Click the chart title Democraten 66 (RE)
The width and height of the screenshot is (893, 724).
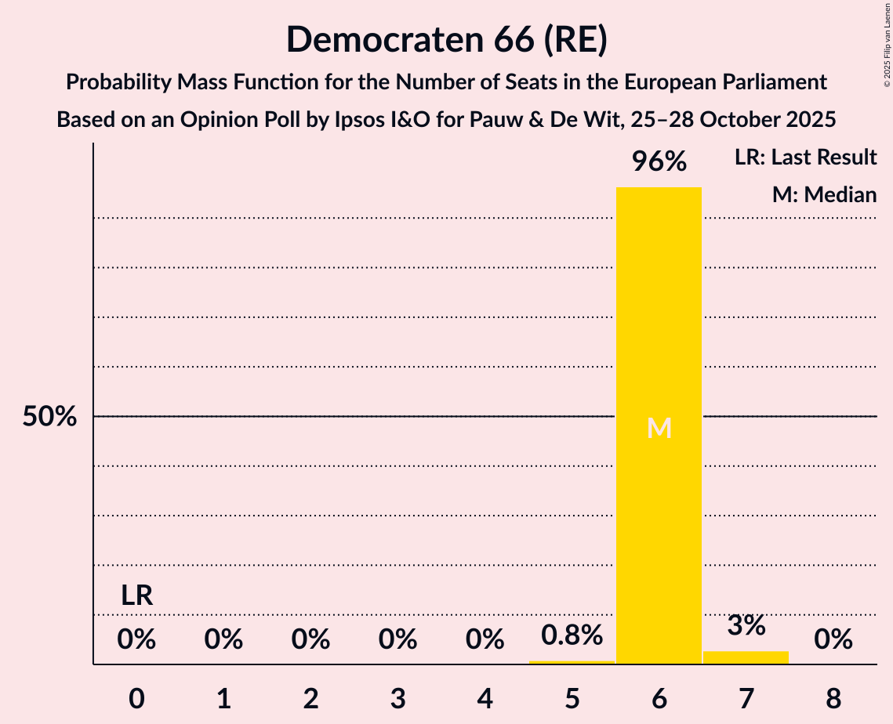click(446, 39)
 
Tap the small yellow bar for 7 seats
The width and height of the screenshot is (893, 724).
click(746, 657)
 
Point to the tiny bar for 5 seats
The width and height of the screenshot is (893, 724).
click(572, 662)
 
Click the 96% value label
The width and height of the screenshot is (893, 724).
click(659, 162)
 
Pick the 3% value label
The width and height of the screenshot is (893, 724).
click(746, 625)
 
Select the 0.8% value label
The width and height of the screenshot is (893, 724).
click(572, 635)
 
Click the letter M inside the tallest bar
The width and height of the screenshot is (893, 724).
click(659, 428)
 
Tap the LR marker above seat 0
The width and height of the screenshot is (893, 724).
click(136, 595)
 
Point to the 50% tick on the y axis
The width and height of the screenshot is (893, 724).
click(49, 417)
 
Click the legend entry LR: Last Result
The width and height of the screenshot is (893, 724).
click(805, 157)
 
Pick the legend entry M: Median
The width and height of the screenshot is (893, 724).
click(823, 194)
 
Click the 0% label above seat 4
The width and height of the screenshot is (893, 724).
click(485, 640)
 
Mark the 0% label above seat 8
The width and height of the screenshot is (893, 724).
click(833, 640)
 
